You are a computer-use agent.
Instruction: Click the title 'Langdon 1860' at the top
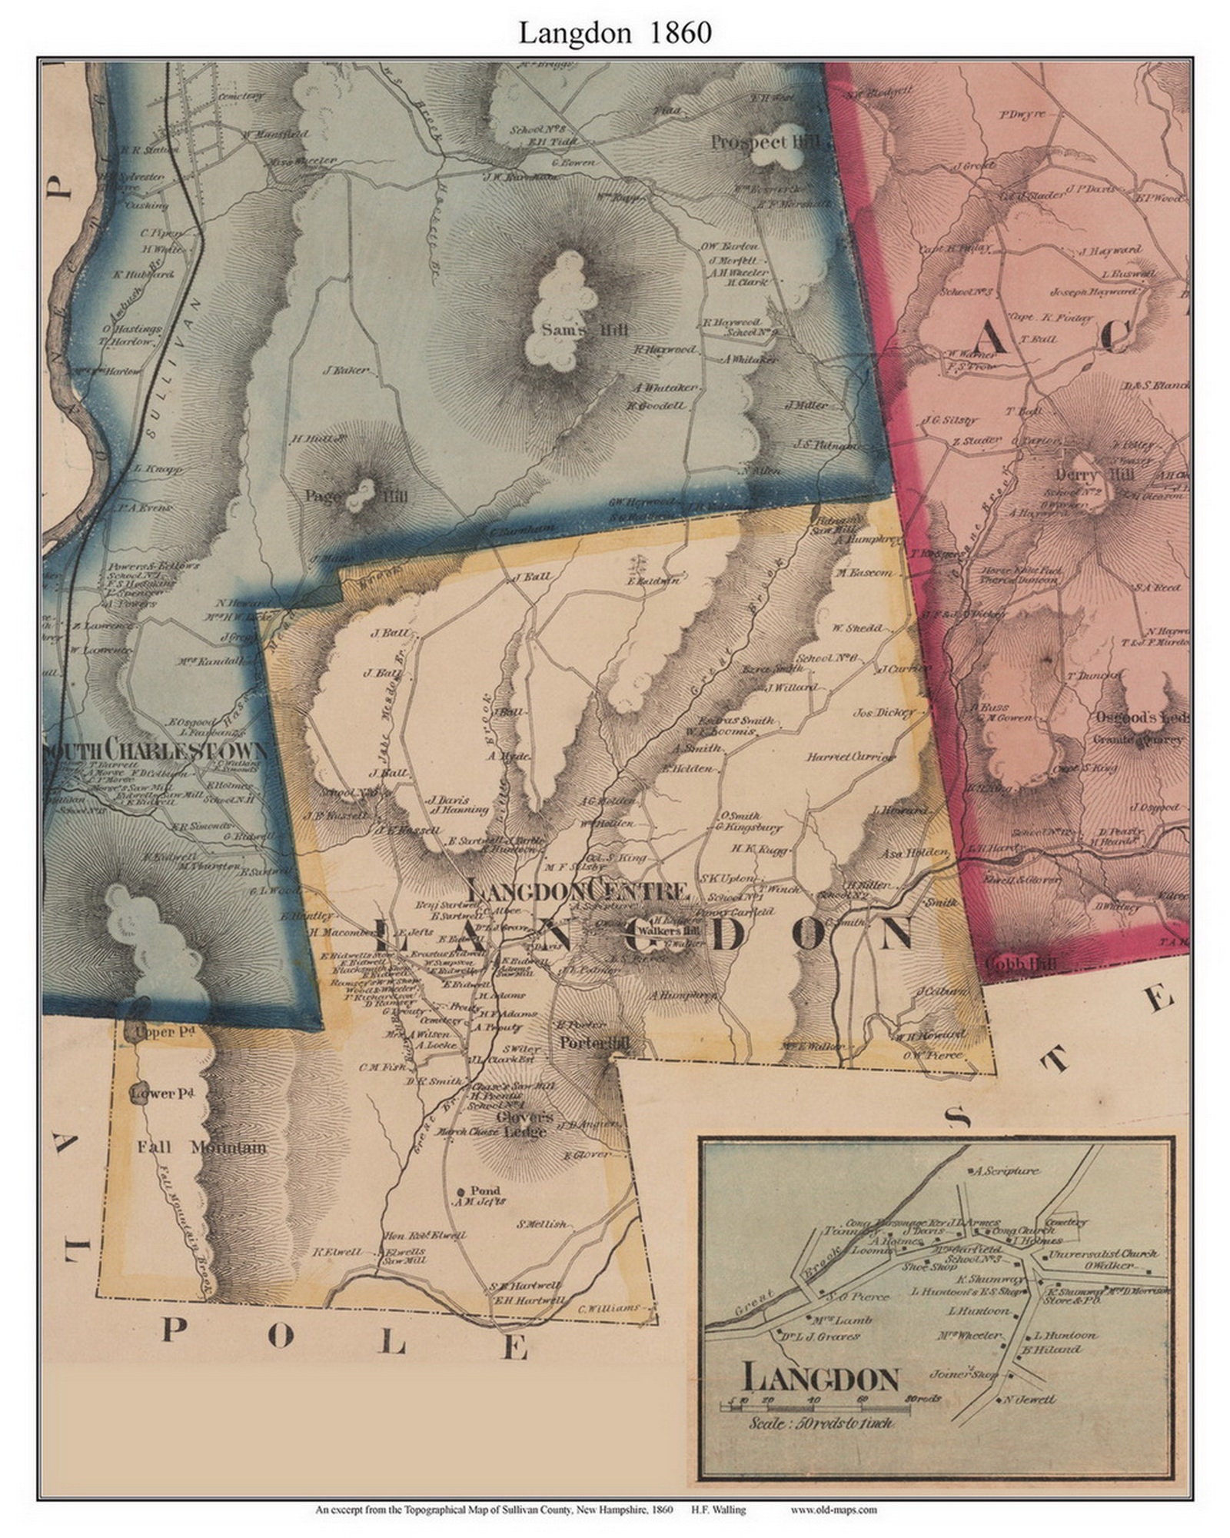point(614,33)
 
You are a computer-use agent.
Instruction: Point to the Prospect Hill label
point(766,142)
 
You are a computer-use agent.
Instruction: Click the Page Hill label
point(356,497)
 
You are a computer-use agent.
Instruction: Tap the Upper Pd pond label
point(155,1032)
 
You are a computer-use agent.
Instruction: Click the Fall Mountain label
point(201,1148)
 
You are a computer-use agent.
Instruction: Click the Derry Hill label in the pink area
point(1095,474)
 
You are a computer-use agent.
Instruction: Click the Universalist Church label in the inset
point(1102,1253)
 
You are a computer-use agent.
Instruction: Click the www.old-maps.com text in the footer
point(833,1510)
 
